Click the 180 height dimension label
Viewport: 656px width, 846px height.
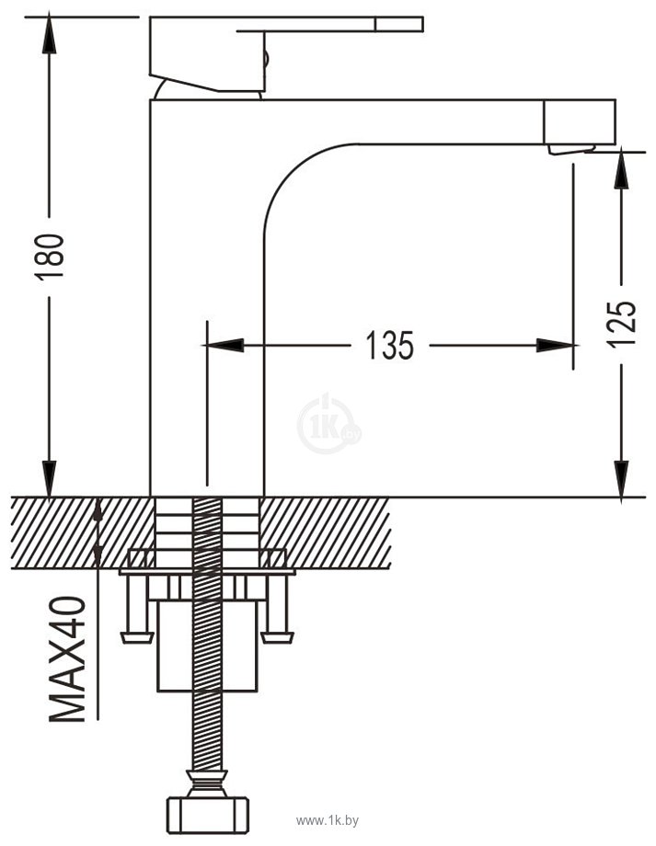click(x=50, y=257)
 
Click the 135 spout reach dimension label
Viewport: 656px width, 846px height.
click(x=390, y=346)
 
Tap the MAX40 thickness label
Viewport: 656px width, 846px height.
click(x=67, y=658)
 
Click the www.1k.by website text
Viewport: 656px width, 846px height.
click(x=328, y=822)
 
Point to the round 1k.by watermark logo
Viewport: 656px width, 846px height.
click(x=328, y=424)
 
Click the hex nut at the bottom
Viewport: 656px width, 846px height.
click(x=208, y=814)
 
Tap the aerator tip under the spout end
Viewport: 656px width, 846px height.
click(x=571, y=150)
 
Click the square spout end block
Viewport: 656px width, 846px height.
click(x=580, y=122)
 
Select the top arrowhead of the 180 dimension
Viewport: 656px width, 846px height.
click(x=49, y=35)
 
